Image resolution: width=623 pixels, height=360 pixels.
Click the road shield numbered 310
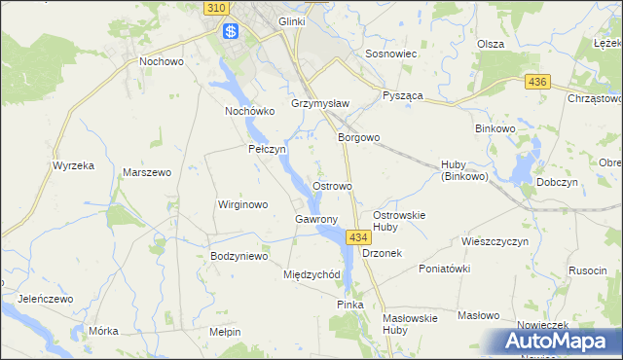pos(217,8)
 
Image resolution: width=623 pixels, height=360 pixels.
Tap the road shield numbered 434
pos(357,237)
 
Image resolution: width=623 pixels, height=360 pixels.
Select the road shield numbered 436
pos(535,84)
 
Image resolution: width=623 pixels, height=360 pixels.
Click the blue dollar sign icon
pos(231,31)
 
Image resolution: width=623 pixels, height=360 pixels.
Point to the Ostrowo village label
pos(333,185)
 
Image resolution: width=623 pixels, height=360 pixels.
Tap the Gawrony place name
pos(315,219)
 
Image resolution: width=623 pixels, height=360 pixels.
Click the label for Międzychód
pos(311,274)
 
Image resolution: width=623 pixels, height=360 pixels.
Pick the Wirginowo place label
pos(241,204)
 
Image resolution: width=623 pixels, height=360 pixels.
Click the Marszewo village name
pos(147,172)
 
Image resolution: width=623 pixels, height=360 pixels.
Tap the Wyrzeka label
pos(73,165)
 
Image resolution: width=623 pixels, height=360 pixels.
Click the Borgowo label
pos(358,138)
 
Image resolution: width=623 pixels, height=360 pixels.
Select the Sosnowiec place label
pos(390,54)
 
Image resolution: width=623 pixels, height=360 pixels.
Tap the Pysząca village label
pos(403,99)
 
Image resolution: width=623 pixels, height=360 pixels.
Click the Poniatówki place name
pos(444,269)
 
